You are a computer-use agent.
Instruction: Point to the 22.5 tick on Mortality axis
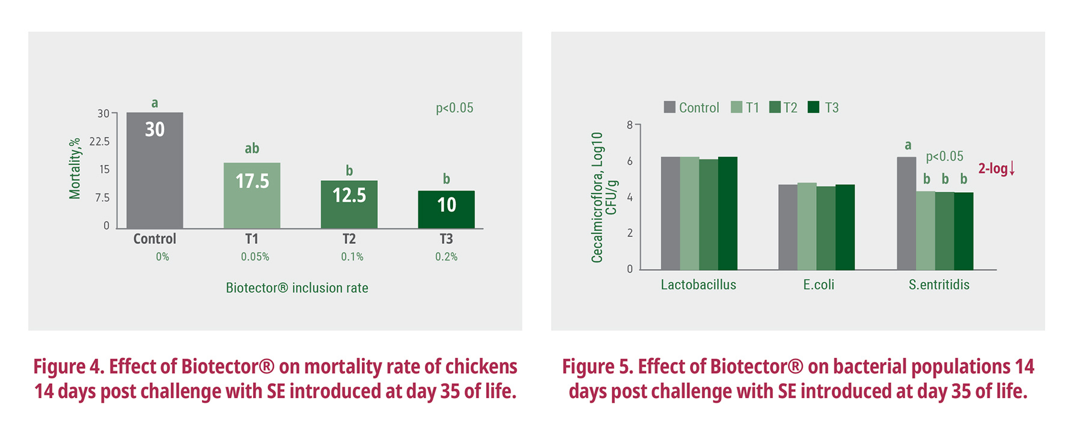coord(100,142)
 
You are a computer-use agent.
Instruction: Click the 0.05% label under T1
coord(255,257)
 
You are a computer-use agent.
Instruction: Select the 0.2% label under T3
coord(446,257)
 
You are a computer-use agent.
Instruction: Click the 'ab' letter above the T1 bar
coord(252,148)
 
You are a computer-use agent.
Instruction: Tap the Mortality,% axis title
coord(75,169)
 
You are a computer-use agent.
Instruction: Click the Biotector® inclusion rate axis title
coord(297,288)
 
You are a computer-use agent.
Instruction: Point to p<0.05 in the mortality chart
coord(454,108)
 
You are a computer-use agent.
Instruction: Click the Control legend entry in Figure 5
coord(691,107)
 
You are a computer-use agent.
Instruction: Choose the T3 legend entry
coord(823,107)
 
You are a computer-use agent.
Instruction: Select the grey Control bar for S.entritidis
coord(906,213)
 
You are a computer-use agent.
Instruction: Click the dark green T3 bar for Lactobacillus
coord(727,213)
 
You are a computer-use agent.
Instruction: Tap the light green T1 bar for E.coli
coord(807,226)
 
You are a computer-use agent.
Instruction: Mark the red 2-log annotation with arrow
coord(996,169)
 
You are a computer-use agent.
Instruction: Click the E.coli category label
coord(819,285)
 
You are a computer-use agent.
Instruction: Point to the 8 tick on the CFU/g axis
coord(630,125)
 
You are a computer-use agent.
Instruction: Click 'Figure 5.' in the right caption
coord(597,366)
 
